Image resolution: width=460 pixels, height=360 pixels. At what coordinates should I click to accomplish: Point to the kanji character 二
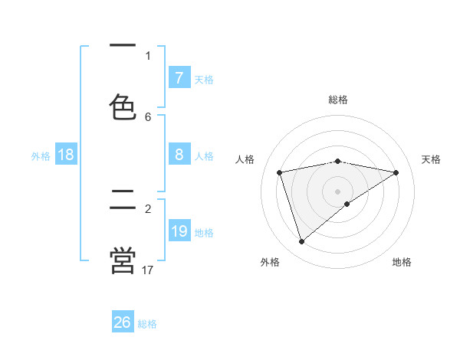click(x=123, y=201)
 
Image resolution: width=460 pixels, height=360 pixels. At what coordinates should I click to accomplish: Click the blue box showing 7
click(x=179, y=78)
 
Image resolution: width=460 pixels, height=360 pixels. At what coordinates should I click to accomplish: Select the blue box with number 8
click(x=179, y=155)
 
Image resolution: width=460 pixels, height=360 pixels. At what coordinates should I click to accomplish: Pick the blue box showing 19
click(x=179, y=232)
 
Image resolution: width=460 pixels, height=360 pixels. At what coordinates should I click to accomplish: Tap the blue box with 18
click(x=66, y=155)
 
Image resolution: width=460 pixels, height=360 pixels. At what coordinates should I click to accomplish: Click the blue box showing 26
click(x=123, y=322)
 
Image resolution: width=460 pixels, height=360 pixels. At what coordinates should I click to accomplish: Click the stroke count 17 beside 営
click(x=148, y=270)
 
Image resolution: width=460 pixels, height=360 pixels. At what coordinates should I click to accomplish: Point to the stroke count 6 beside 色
click(x=148, y=116)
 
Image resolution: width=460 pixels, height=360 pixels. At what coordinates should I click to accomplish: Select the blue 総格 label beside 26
click(x=147, y=324)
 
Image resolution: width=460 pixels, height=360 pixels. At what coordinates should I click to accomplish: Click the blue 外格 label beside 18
click(x=41, y=156)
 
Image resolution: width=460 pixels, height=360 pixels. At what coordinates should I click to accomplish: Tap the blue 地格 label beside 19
click(x=204, y=233)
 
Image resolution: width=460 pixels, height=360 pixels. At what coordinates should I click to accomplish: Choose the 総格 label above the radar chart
click(x=337, y=100)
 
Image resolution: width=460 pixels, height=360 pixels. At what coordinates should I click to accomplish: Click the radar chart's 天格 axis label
click(x=431, y=159)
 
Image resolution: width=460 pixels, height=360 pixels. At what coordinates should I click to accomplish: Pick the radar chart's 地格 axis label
click(x=402, y=262)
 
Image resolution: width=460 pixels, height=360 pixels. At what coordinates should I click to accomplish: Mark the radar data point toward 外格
click(x=301, y=242)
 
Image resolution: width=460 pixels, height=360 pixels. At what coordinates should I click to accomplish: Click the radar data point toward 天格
click(x=396, y=172)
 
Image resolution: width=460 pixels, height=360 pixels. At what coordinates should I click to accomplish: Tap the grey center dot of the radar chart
click(x=337, y=191)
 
